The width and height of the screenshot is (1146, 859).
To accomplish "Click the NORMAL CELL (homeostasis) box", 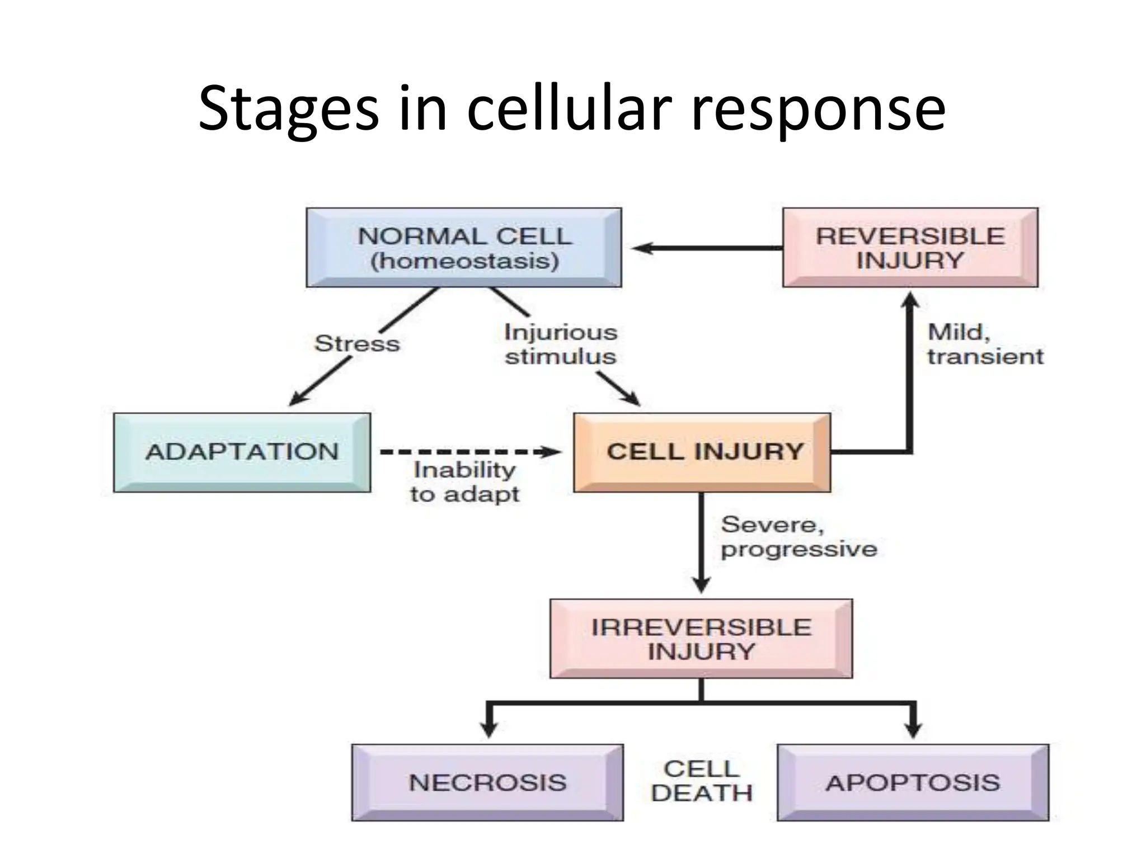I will pyautogui.click(x=464, y=248).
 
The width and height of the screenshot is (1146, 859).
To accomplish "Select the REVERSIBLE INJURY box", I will pyautogui.click(x=910, y=248).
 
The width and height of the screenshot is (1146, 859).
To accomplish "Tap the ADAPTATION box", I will pyautogui.click(x=242, y=452).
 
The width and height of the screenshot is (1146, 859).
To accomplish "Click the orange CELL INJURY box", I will pyautogui.click(x=702, y=452).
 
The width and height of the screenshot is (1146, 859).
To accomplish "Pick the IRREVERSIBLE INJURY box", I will pyautogui.click(x=701, y=639).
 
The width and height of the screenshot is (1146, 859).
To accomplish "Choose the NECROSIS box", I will pyautogui.click(x=487, y=782).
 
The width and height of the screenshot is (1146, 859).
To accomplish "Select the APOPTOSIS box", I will pyautogui.click(x=913, y=782).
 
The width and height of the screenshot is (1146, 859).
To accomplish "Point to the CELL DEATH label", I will pyautogui.click(x=701, y=781).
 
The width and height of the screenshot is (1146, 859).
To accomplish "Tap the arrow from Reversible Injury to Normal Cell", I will pyautogui.click(x=705, y=248).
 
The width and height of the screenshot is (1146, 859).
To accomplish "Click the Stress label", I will pyautogui.click(x=357, y=343).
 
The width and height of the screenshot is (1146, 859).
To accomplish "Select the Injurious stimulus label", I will pyautogui.click(x=560, y=344).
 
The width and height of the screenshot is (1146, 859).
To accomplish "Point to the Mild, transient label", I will pyautogui.click(x=985, y=344).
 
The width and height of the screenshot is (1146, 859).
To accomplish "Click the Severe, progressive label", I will pyautogui.click(x=799, y=537).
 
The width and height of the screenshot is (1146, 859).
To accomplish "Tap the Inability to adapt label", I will pyautogui.click(x=464, y=482).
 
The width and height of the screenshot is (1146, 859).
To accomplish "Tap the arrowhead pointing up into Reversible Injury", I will pyautogui.click(x=910, y=300).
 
